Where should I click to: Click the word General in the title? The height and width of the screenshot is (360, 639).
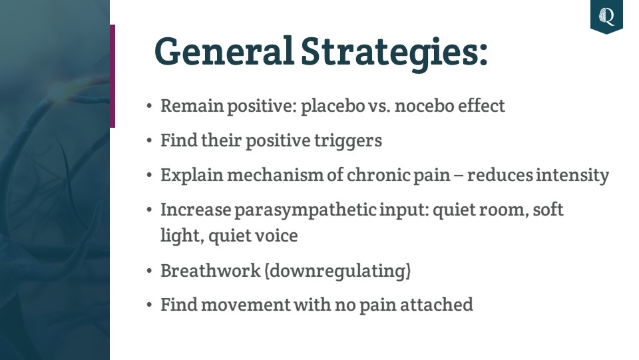pyautogui.click(x=224, y=51)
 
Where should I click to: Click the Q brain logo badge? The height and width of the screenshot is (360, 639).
pyautogui.click(x=606, y=17)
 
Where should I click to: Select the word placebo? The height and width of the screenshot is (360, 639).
pyautogui.click(x=333, y=106)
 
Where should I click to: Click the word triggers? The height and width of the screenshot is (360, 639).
pyautogui.click(x=348, y=141)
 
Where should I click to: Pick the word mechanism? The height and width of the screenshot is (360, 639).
pyautogui.click(x=276, y=176)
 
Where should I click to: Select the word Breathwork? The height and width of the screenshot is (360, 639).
pyautogui.click(x=210, y=271)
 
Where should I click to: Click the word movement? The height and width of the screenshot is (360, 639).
pyautogui.click(x=246, y=305)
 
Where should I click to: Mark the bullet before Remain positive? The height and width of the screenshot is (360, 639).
pyautogui.click(x=149, y=106)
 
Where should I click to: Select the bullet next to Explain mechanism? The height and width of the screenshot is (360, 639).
pyautogui.click(x=149, y=176)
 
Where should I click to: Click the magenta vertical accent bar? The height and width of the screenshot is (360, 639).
pyautogui.click(x=112, y=76)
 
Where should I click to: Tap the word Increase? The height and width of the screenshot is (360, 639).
pyautogui.click(x=196, y=210)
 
